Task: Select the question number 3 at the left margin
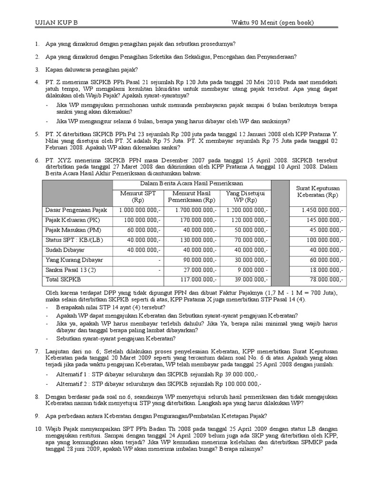click(37, 69)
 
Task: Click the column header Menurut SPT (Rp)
click(138, 196)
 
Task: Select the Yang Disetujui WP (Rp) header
click(245, 196)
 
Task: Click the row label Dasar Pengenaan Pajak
click(76, 210)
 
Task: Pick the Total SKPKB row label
click(63, 280)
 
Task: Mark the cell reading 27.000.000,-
click(200, 270)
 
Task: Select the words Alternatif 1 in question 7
click(72, 374)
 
